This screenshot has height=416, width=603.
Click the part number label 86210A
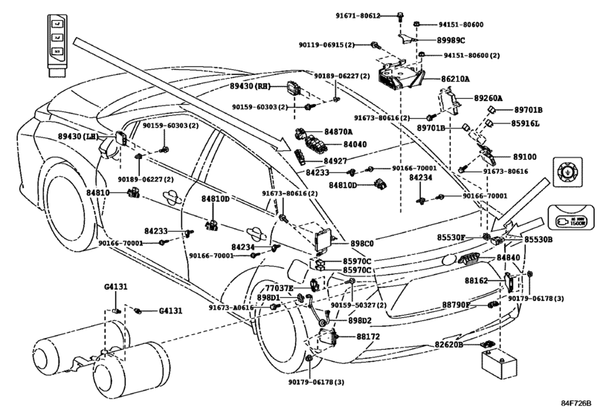tap(459, 78)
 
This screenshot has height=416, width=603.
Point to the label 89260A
tap(490, 98)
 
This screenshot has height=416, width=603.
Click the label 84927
tap(335, 160)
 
